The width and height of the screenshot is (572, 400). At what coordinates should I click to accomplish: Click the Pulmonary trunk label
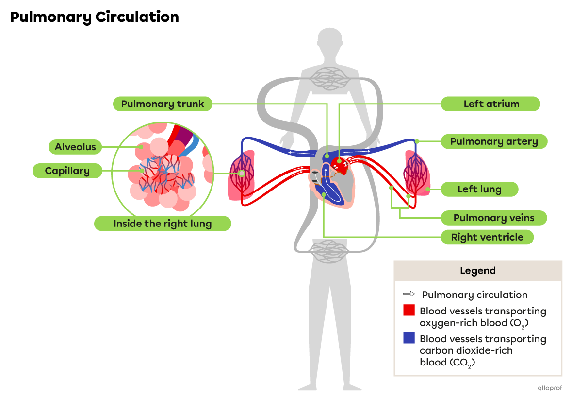click(x=162, y=104)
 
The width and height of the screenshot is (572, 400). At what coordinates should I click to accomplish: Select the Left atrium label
click(x=490, y=104)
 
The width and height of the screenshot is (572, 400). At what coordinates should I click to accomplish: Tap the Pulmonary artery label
click(x=493, y=141)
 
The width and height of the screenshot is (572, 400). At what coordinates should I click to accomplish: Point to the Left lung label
click(x=479, y=189)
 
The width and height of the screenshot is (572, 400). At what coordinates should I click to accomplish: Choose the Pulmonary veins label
click(x=493, y=218)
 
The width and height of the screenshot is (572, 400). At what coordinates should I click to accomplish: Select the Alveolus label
click(x=75, y=147)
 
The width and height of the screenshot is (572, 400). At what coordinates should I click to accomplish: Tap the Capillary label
click(x=67, y=171)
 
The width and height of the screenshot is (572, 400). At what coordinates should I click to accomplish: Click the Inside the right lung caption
click(x=162, y=224)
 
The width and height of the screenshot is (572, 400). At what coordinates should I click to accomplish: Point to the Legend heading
click(x=477, y=271)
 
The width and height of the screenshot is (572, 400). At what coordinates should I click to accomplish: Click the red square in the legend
click(x=409, y=311)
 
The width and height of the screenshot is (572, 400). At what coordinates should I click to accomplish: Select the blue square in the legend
click(x=409, y=338)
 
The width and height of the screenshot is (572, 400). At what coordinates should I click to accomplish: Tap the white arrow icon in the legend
click(x=409, y=295)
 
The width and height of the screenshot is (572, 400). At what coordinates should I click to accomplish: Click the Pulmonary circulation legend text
click(x=474, y=295)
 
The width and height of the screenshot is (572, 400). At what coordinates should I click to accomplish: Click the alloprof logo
click(x=550, y=388)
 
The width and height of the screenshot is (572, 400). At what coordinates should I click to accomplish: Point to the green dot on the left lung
click(x=427, y=189)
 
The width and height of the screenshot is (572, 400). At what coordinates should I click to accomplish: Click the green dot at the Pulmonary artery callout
click(x=417, y=141)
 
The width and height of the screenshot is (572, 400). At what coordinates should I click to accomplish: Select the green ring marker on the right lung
click(x=241, y=173)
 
